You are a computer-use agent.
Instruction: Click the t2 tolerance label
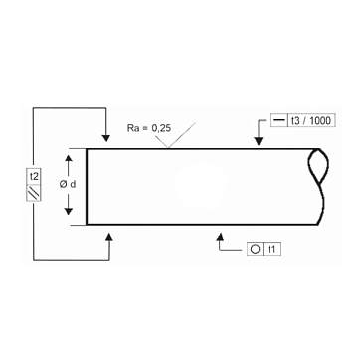(x=34, y=177)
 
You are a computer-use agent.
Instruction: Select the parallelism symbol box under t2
(x=34, y=193)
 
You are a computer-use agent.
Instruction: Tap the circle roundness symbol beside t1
(x=255, y=249)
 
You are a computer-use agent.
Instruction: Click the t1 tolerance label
(x=272, y=249)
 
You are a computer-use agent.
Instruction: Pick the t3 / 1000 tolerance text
(x=310, y=120)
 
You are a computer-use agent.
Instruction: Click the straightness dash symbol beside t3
(x=279, y=121)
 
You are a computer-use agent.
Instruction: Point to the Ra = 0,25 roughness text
(x=149, y=128)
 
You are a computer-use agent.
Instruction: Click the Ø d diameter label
(x=68, y=185)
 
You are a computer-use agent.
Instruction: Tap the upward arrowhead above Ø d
(x=68, y=159)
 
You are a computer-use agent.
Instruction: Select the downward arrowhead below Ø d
(x=68, y=211)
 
